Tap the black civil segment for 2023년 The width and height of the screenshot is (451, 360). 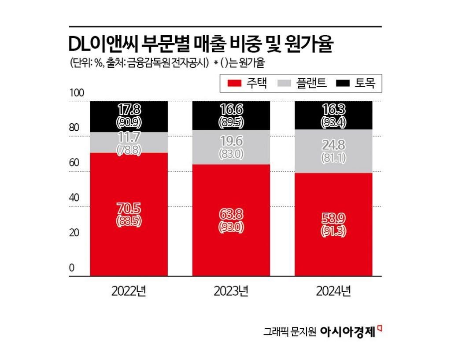tap(231, 115)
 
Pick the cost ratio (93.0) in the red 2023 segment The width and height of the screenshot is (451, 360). tap(231, 228)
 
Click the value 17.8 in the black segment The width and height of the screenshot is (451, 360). tap(129, 109)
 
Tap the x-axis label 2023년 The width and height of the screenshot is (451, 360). tap(231, 291)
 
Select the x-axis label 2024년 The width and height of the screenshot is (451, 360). tap(333, 291)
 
